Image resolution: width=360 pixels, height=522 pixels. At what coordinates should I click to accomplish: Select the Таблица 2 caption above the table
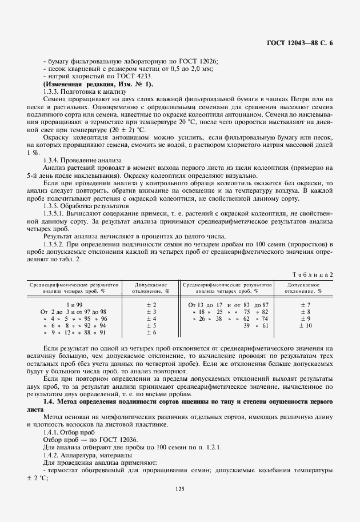click(x=313, y=274)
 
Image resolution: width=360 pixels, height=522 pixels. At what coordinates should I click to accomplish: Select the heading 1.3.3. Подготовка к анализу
click(x=81, y=91)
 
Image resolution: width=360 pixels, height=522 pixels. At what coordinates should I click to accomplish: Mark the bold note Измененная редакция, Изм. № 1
click(x=98, y=84)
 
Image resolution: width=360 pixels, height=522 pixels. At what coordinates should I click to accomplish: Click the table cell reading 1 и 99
click(x=74, y=305)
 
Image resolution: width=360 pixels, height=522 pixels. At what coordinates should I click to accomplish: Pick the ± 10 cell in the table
click(x=306, y=325)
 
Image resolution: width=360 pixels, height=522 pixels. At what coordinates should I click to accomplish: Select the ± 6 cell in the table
click(x=151, y=332)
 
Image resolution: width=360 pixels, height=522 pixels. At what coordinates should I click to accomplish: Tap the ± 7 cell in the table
click(x=306, y=305)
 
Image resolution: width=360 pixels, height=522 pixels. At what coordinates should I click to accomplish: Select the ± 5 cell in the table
click(x=151, y=325)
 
